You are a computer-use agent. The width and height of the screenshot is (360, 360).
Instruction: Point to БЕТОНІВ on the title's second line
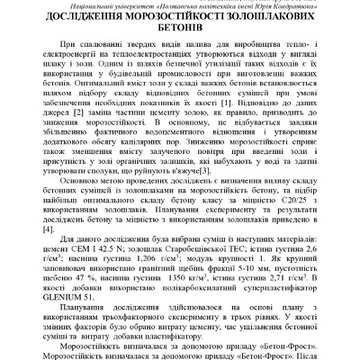click(179, 35)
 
